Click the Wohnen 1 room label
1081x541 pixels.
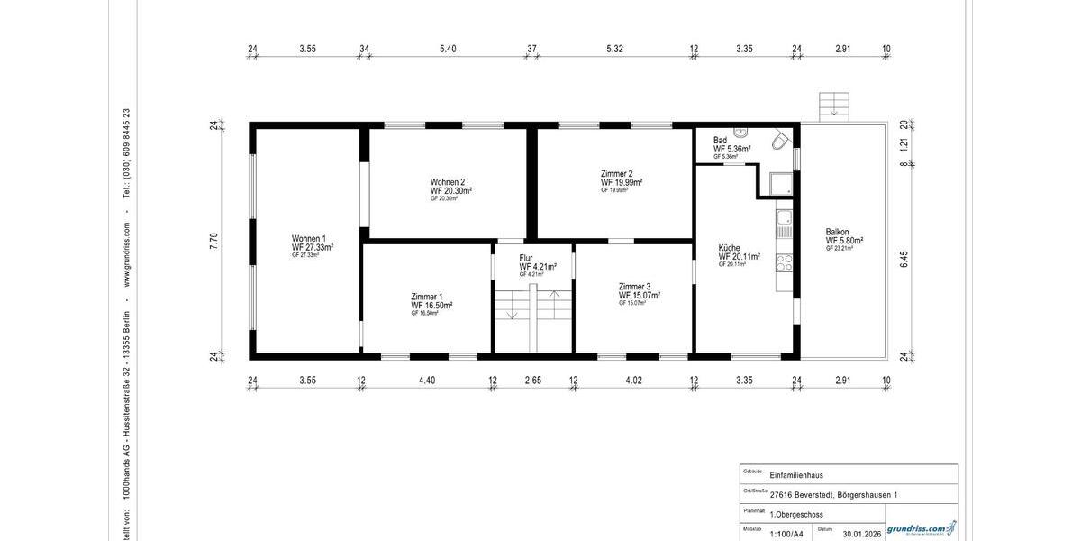click(308, 239)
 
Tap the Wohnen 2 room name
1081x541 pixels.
click(448, 182)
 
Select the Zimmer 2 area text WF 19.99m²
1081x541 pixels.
click(622, 182)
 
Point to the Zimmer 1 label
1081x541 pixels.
click(427, 297)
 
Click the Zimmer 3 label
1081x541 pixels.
click(634, 287)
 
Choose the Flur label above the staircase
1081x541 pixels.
click(526, 258)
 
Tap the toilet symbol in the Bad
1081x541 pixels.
click(780, 141)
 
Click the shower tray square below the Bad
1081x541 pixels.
click(777, 181)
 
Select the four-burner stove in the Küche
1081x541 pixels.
click(784, 262)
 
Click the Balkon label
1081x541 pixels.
click(837, 232)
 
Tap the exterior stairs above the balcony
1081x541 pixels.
click(834, 105)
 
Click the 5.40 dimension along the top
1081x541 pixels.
click(448, 48)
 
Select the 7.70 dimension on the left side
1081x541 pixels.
click(214, 241)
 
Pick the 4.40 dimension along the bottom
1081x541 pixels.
click(427, 381)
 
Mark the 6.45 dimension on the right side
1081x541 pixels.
click(904, 259)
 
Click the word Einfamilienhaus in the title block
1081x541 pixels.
click(796, 475)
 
